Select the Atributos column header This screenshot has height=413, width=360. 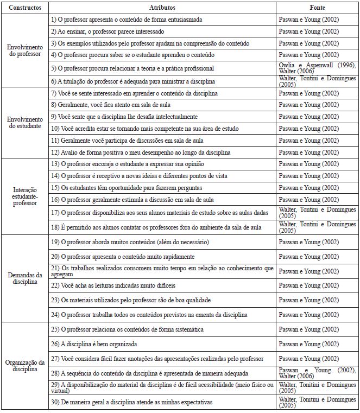coord(161,8)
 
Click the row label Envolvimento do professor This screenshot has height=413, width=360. coord(24,50)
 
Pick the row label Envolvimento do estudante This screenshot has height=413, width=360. coord(24,122)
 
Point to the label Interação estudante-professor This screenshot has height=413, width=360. coord(24,196)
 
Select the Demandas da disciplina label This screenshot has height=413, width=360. coord(24,278)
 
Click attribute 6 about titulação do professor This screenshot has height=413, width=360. coord(132,81)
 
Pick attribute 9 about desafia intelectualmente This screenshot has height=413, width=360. coord(124,117)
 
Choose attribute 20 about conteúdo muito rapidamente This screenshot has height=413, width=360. coord(122,256)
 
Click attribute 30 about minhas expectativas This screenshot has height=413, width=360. coord(129,402)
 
